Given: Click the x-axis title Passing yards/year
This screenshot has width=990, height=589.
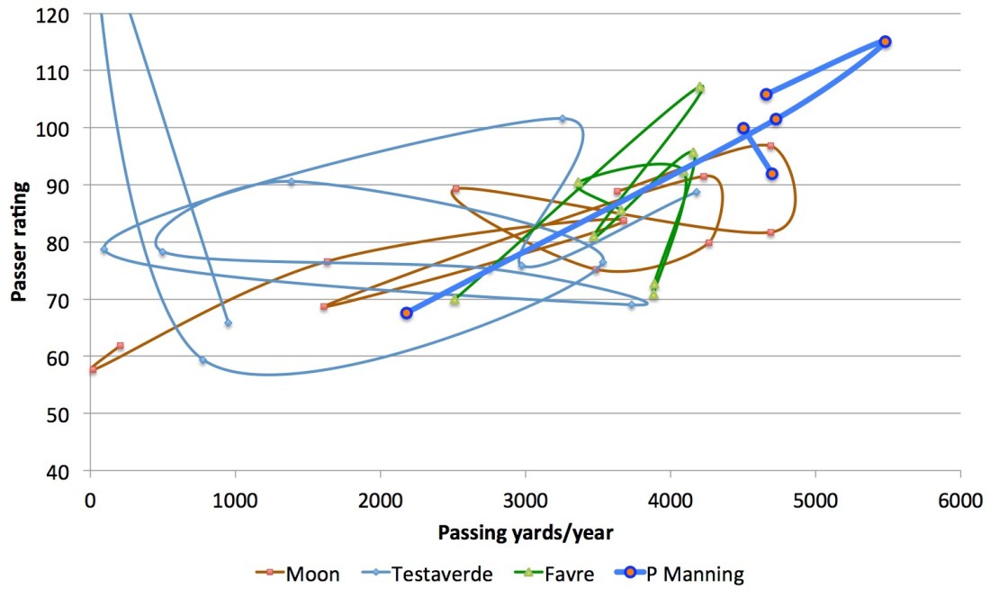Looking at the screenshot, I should (x=526, y=532).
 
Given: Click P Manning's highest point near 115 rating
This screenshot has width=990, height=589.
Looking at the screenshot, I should (x=885, y=41).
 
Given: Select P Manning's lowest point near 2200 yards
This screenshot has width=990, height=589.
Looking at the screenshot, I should (x=406, y=313).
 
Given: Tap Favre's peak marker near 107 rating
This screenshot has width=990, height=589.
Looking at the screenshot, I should (x=699, y=88).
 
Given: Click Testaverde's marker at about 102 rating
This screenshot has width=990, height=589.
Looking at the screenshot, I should (x=562, y=119).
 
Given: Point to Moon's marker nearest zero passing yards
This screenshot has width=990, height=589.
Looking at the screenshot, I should (x=93, y=369).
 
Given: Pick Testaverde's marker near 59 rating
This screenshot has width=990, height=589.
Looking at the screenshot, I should (x=202, y=360).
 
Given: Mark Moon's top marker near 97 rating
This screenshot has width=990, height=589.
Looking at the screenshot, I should (x=770, y=146).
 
